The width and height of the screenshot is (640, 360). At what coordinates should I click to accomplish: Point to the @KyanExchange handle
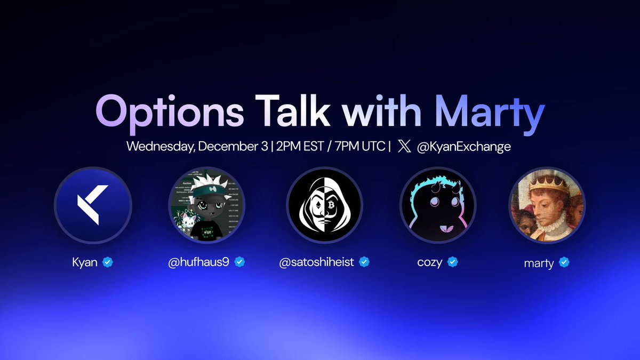point(463,147)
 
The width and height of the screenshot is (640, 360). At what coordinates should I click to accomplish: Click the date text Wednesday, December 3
point(197,147)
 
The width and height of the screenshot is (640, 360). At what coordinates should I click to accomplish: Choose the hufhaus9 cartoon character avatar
point(206,205)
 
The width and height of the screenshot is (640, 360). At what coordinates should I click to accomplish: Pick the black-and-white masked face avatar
point(324,205)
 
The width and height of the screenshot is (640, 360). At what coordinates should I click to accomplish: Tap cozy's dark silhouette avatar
point(437,205)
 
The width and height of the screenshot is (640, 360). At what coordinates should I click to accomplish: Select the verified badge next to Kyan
point(107,262)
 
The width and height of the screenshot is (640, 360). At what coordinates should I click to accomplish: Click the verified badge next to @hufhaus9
point(239,262)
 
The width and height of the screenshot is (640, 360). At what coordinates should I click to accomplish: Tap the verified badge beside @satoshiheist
point(364,262)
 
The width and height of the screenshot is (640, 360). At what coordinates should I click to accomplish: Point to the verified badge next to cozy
point(453,262)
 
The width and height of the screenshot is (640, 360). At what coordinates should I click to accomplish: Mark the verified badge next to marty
point(564,262)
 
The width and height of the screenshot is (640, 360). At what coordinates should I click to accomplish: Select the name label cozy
point(430,263)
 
